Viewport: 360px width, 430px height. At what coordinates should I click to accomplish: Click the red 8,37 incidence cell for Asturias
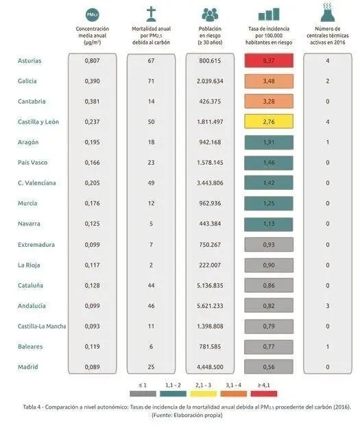(269, 60)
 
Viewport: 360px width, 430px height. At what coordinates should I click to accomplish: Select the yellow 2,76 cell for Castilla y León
(269, 122)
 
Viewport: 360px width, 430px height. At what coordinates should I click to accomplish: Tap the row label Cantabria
(32, 101)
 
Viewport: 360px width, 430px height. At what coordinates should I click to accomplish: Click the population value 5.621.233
(210, 306)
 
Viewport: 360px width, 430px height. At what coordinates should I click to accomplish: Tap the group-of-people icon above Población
(210, 14)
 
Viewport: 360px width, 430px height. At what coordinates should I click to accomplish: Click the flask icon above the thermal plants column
(328, 12)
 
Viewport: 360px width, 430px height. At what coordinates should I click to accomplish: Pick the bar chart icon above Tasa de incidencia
(269, 14)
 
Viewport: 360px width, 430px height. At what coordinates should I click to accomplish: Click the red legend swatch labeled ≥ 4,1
(264, 393)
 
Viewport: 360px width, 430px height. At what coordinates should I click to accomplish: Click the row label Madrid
(27, 368)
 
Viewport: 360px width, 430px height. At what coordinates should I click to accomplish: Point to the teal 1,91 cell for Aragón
(269, 142)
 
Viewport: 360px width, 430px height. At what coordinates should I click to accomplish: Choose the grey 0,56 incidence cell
(269, 368)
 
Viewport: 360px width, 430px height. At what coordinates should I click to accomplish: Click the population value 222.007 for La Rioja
(210, 265)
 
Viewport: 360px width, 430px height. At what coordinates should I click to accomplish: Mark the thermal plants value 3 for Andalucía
(328, 306)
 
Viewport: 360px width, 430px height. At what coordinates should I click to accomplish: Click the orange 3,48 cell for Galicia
(269, 81)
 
